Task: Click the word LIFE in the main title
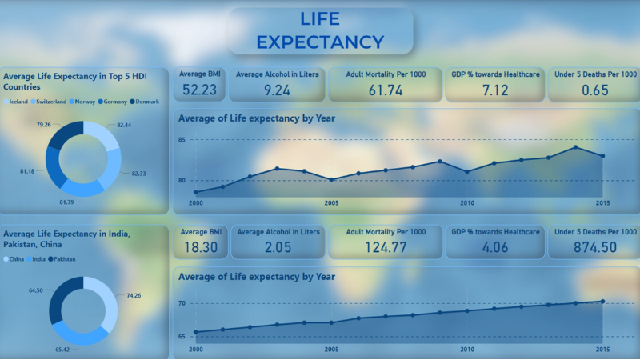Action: (x=320, y=18)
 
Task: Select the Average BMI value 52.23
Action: (x=199, y=90)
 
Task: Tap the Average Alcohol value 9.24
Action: (x=277, y=90)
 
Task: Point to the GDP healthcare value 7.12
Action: (x=495, y=90)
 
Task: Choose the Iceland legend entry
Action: (x=18, y=102)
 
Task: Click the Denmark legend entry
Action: (x=147, y=102)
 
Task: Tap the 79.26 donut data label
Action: (x=44, y=125)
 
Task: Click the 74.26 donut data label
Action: (x=133, y=295)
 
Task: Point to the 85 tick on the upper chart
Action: (x=182, y=140)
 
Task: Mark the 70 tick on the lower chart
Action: (x=182, y=304)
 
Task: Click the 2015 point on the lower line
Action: (x=602, y=302)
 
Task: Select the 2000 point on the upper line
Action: (x=196, y=192)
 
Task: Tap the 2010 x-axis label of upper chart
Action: (x=467, y=203)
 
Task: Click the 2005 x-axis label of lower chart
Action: (x=331, y=350)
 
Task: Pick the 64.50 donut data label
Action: (x=35, y=290)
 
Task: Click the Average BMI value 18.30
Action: (x=199, y=247)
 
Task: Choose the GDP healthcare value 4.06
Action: (x=495, y=247)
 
